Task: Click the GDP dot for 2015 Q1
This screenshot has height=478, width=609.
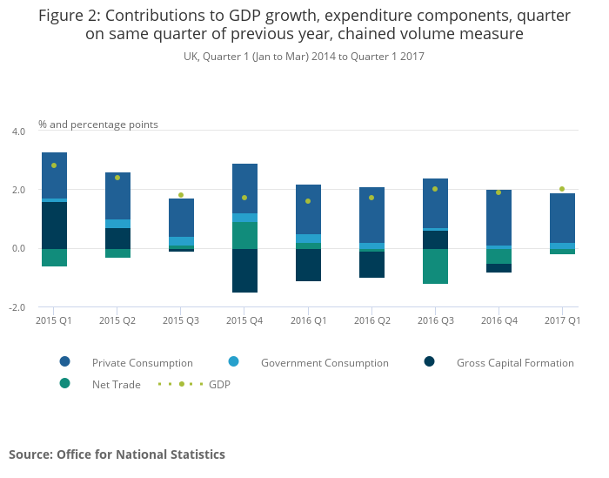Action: coord(54,165)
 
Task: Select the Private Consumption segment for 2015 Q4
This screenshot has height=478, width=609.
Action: coord(244,188)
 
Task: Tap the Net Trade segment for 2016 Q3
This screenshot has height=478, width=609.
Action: coord(435,266)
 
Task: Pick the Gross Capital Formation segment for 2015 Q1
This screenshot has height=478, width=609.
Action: coord(54,225)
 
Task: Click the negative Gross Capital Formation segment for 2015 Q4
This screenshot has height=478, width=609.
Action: coord(244,270)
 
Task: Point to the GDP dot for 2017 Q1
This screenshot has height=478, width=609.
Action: coord(562,189)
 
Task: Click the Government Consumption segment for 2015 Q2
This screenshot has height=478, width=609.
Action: coord(117,224)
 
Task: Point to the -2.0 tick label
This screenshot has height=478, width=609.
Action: coord(17,307)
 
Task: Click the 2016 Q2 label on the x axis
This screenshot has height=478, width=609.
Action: coord(371,321)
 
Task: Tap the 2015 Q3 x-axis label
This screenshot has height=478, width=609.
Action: coord(181,321)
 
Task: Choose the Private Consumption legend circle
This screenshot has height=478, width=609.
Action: coord(64,362)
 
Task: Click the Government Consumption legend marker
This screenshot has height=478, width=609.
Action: coord(233,362)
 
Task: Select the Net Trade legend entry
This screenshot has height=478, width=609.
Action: coord(116,384)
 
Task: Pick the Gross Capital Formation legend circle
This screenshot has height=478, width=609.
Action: coord(430,362)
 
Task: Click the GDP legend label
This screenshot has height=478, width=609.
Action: coord(219,384)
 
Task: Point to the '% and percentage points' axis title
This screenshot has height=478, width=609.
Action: coord(98,125)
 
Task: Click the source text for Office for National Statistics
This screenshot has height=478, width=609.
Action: coord(117,454)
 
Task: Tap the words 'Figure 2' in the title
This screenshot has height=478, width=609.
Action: coord(69,16)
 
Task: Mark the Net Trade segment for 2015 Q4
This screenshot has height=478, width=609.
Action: coord(244,235)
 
